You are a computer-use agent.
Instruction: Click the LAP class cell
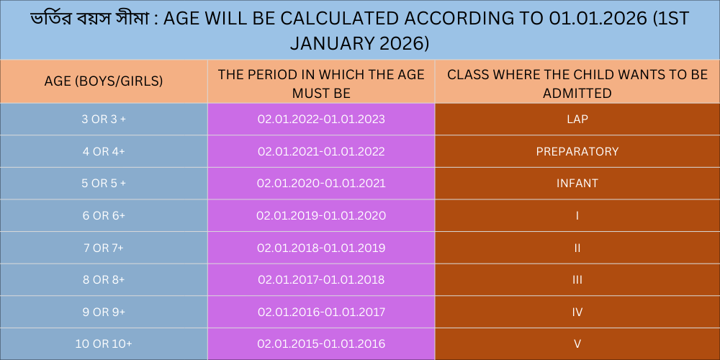pos(577,120)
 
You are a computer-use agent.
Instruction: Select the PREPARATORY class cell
pos(577,151)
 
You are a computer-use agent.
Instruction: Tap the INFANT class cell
pos(577,184)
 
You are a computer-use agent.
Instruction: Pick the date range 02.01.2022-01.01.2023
pos(321,120)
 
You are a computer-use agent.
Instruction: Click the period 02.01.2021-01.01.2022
pos(321,151)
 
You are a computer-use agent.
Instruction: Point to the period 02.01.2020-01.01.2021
pos(321,184)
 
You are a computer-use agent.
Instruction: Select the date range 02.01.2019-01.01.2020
pos(321,216)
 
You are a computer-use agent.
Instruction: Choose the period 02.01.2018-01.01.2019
pos(321,248)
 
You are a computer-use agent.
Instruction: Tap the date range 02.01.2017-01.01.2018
pos(321,279)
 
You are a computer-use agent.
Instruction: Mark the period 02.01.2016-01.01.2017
pos(321,312)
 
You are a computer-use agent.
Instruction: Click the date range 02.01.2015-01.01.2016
pos(321,344)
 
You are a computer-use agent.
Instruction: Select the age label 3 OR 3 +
pos(104,120)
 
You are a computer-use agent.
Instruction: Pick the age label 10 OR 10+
pos(104,344)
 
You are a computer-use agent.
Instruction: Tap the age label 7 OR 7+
pos(104,248)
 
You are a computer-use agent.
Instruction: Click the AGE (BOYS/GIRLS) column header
pos(104,81)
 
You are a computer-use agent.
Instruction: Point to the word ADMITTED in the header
pos(577,94)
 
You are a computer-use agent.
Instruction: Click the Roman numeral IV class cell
pos(577,312)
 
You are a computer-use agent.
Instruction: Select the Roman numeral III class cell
pos(577,279)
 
